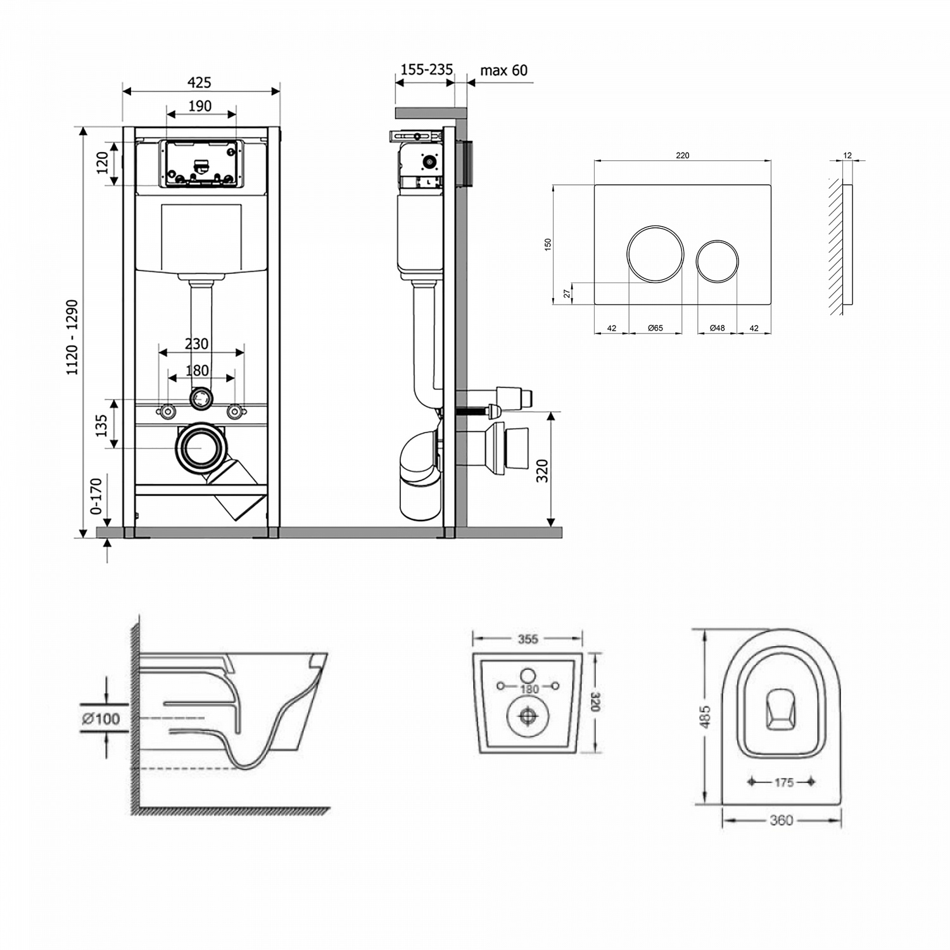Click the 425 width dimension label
(x=199, y=82)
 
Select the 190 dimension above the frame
(x=199, y=106)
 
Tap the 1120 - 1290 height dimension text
(x=73, y=337)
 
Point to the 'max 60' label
(x=503, y=70)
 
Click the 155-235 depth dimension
(x=426, y=69)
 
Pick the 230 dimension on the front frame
(x=196, y=343)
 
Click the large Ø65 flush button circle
(x=655, y=253)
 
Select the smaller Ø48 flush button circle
(x=717, y=260)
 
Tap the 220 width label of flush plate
(x=682, y=155)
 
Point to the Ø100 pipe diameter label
(x=101, y=718)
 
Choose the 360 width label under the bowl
(x=781, y=820)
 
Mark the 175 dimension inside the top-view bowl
(x=783, y=782)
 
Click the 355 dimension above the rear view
(x=528, y=639)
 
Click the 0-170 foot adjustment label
(x=96, y=496)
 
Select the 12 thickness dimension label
(x=847, y=155)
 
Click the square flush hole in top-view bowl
(x=782, y=709)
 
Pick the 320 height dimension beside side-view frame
(x=543, y=471)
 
